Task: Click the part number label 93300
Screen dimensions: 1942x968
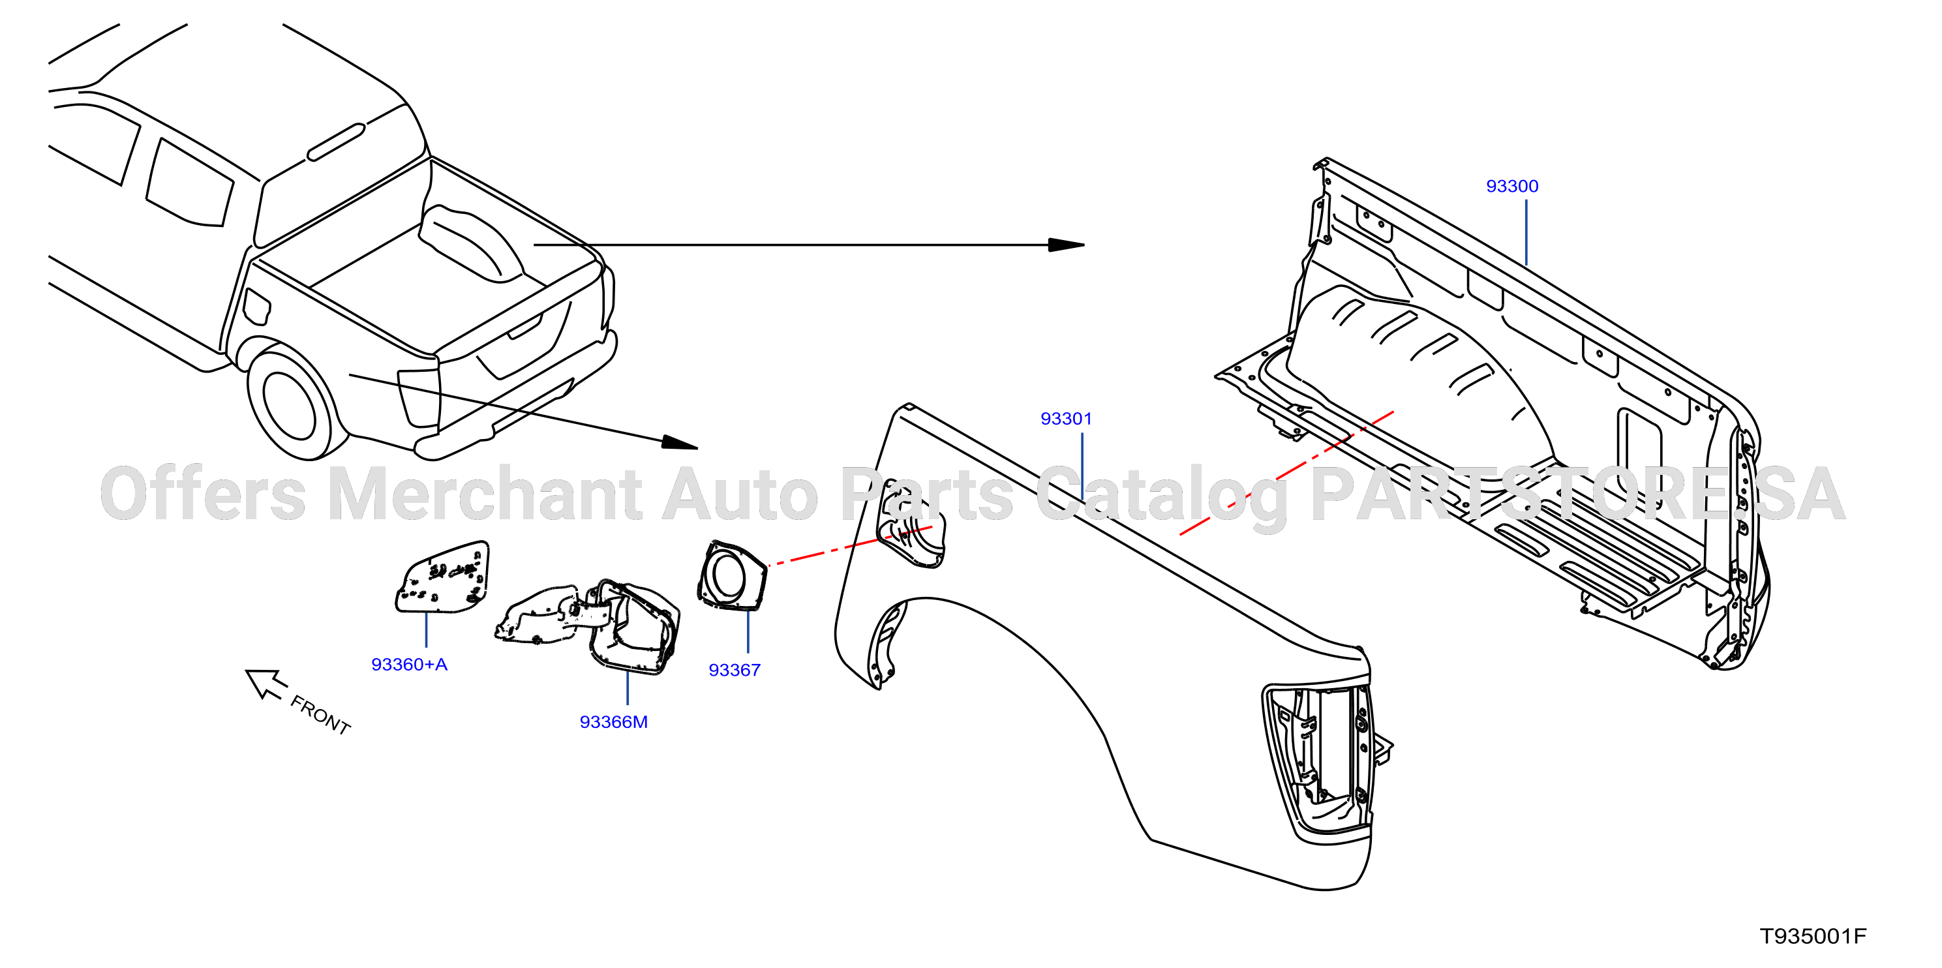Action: click(1511, 186)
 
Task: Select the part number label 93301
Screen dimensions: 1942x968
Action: click(1066, 418)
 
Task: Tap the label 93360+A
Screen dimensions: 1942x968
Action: click(410, 664)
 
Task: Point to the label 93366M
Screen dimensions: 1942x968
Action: click(614, 721)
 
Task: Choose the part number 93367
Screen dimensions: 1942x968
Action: click(735, 670)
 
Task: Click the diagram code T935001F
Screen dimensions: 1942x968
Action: click(1813, 936)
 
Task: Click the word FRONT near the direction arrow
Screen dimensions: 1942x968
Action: click(320, 715)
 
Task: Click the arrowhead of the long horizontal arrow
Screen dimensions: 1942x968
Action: click(1066, 245)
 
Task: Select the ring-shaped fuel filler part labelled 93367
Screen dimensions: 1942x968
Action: click(731, 575)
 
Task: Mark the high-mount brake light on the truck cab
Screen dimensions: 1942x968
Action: click(336, 142)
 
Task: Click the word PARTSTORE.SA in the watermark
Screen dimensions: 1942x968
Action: click(1578, 494)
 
